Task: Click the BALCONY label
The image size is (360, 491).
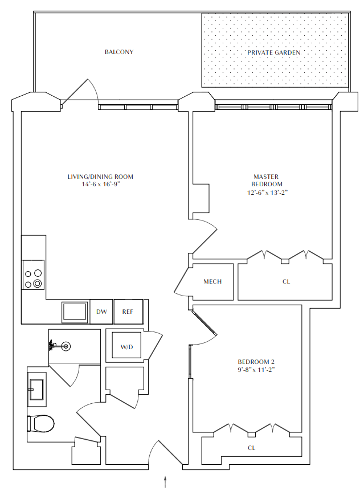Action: point(118,52)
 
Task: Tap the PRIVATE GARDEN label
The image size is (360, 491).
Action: point(273,52)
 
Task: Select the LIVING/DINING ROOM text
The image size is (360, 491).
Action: point(100,177)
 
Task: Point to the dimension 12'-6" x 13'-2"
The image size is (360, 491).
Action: point(267,193)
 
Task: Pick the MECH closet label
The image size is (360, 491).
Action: point(212,282)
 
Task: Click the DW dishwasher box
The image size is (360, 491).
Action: point(101,312)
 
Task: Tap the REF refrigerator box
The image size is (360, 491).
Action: point(128,312)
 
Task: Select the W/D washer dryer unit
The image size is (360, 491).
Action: point(126,346)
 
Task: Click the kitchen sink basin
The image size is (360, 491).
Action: point(74,312)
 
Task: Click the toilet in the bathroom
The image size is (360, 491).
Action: point(41,424)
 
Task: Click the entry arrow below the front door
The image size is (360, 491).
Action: point(165,482)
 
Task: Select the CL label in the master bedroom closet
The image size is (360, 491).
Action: point(286,282)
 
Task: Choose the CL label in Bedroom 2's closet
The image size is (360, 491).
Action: point(251,448)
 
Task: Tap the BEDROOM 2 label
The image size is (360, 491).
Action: point(256,362)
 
